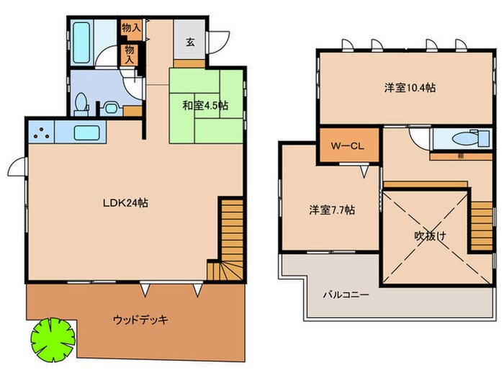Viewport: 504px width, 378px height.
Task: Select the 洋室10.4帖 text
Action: point(409,88)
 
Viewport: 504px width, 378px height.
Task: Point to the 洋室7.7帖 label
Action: point(332,210)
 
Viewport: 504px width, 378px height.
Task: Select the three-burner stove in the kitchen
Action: point(41,133)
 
